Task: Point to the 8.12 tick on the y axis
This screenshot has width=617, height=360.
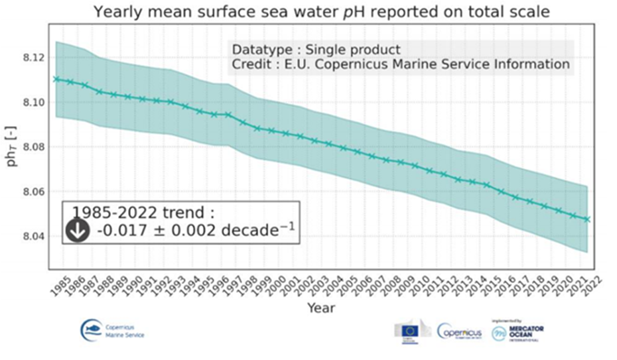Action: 34,58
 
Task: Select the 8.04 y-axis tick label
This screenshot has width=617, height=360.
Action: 34,236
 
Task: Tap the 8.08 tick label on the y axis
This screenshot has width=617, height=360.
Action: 34,147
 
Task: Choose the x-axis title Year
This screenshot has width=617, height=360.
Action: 320,308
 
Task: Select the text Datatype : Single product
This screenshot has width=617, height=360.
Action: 316,49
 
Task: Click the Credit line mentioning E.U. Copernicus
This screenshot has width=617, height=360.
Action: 400,64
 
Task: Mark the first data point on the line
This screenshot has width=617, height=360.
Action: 56,79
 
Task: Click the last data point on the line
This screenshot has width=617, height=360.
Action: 587,219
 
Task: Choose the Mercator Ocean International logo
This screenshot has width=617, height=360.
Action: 518,330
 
